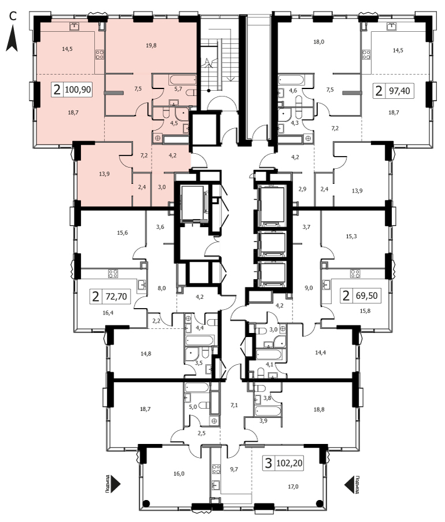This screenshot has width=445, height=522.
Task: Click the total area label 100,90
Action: point(78,90)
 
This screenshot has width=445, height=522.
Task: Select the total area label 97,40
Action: point(399,91)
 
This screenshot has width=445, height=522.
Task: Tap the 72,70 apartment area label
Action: point(116,296)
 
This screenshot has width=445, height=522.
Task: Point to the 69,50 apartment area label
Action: point(366,295)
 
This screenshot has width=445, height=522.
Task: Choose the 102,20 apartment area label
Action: point(289,462)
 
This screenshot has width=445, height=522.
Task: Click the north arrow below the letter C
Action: point(12,39)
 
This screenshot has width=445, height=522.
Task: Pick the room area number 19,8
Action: point(151,45)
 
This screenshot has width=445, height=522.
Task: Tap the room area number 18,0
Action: point(318,42)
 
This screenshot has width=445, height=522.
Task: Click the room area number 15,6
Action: point(122,233)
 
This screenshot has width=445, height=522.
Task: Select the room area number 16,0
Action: point(179,473)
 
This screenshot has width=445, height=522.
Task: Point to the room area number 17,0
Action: point(293,486)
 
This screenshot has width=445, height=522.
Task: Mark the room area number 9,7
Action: point(234,469)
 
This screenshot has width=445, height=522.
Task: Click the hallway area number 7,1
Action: point(234,405)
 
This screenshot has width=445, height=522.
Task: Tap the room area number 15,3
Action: point(351,236)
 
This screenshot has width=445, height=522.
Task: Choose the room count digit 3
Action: point(268,462)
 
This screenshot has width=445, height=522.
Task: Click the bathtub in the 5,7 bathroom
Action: point(183,80)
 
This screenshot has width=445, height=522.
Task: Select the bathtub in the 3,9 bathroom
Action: point(268,411)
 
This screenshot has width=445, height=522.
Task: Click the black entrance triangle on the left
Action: point(115,484)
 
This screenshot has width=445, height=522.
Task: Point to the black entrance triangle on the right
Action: point(349,484)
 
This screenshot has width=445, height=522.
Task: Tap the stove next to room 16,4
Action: point(113,273)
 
